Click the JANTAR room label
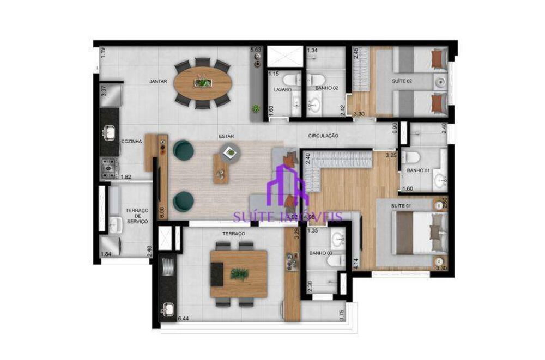(158, 81)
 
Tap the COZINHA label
(131, 141)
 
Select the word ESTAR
(226, 137)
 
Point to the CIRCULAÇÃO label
(323, 135)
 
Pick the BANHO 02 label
(326, 87)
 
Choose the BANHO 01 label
(418, 170)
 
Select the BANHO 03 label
(321, 253)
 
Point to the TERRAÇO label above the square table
(233, 233)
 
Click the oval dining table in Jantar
(203, 83)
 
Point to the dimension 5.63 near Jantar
(256, 51)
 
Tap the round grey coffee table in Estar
(229, 151)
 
